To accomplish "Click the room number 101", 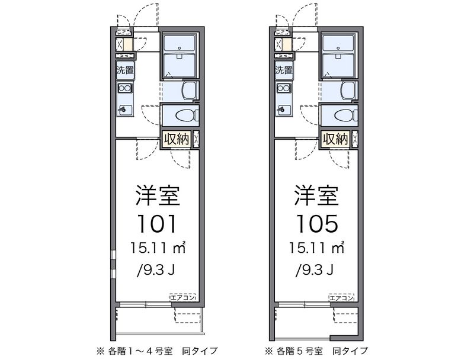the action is pyautogui.click(x=156, y=224).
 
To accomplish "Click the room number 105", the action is pyautogui.click(x=316, y=224).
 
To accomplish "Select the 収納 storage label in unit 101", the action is pyautogui.click(x=177, y=139).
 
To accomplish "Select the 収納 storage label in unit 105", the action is pyautogui.click(x=335, y=139).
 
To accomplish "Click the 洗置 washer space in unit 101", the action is pyautogui.click(x=125, y=70).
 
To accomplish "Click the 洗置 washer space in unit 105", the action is pyautogui.click(x=284, y=70).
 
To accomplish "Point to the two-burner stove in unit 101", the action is pyautogui.click(x=125, y=88).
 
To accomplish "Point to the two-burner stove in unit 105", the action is pyautogui.click(x=284, y=88).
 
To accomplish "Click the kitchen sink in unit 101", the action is pyautogui.click(x=125, y=110).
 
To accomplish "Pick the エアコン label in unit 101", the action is pyautogui.click(x=183, y=297).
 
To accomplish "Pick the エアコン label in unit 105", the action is pyautogui.click(x=342, y=297).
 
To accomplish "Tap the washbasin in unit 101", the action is pyautogui.click(x=189, y=91).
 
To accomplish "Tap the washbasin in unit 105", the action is pyautogui.click(x=348, y=91).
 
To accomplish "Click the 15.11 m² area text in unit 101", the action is pyautogui.click(x=158, y=248).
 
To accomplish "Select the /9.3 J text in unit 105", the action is pyautogui.click(x=315, y=269).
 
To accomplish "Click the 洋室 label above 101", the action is pyautogui.click(x=158, y=196).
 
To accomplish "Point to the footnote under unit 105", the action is pyautogui.click(x=316, y=351).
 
